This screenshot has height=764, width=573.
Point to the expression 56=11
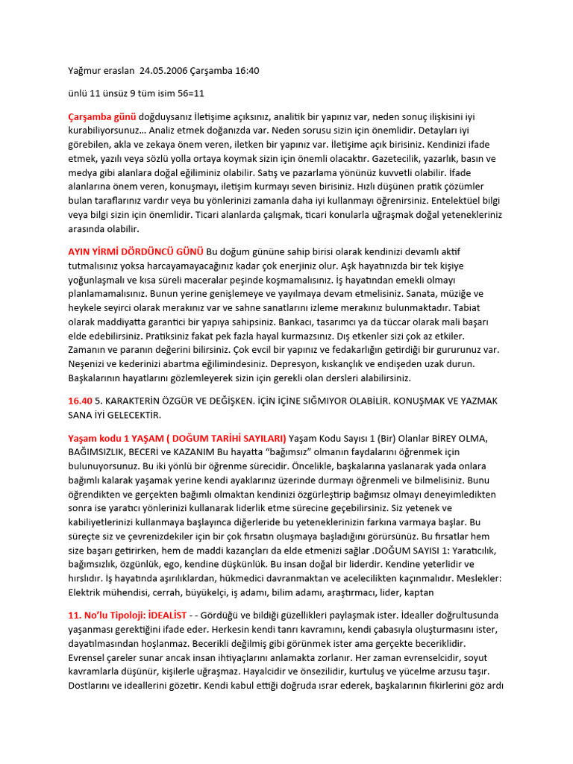[190, 94]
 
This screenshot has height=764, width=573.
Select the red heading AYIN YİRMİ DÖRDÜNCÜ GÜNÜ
[136, 251]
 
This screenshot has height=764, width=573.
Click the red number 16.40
[81, 401]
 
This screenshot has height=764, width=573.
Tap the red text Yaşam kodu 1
[101, 438]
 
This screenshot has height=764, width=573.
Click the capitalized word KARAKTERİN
[143, 401]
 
